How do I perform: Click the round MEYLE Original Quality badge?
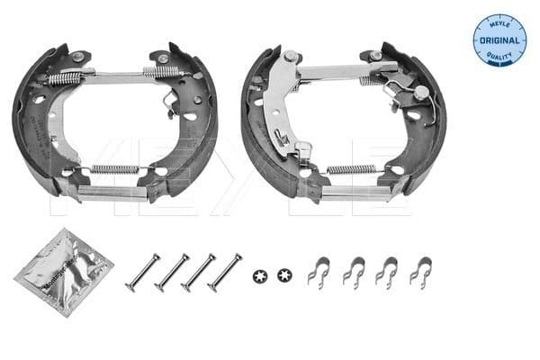pyautogui.click(x=499, y=39)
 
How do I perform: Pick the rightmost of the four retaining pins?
pyautogui.click(x=224, y=272)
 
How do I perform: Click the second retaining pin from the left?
pyautogui.click(x=171, y=272)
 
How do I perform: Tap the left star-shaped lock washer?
pyautogui.click(x=261, y=274)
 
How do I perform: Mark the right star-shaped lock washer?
pyautogui.click(x=285, y=274)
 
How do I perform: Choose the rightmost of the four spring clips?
pyautogui.click(x=420, y=270)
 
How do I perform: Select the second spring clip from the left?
pyautogui.click(x=352, y=270)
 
